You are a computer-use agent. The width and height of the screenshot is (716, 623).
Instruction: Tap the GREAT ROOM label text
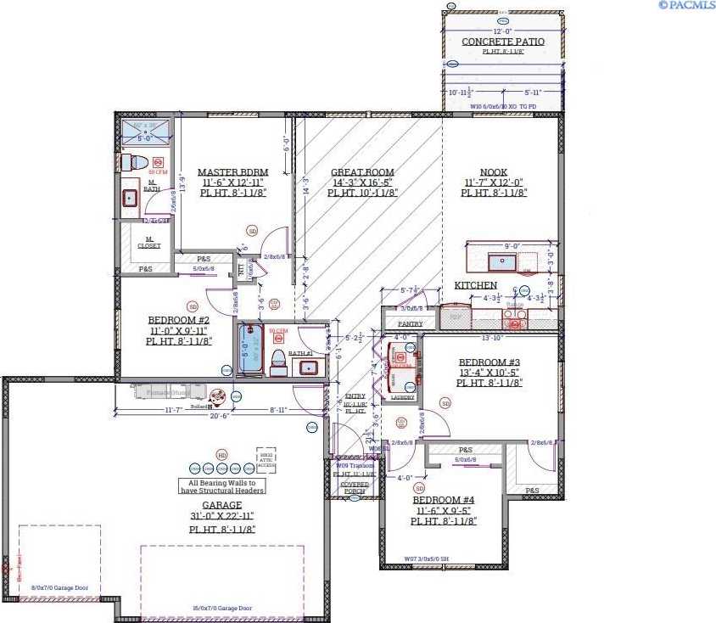(362, 172)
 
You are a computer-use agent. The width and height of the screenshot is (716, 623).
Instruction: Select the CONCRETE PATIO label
(502, 42)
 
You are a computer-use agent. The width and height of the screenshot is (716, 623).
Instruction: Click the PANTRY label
(410, 323)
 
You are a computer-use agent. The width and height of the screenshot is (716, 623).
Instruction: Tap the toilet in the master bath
(136, 161)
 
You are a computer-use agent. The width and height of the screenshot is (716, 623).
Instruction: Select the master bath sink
(130, 198)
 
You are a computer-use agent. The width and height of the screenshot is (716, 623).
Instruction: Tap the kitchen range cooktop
(514, 317)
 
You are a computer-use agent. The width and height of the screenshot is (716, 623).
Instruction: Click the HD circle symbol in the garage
(222, 455)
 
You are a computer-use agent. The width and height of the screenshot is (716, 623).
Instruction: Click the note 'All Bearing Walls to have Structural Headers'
(222, 486)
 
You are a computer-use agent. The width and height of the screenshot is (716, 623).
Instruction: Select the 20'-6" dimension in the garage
(221, 417)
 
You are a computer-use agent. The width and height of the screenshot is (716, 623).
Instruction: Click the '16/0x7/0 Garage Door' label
(221, 608)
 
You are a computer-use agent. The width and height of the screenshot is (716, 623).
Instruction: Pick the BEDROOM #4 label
(444, 500)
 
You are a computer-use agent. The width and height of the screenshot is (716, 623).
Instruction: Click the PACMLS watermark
(685, 5)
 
